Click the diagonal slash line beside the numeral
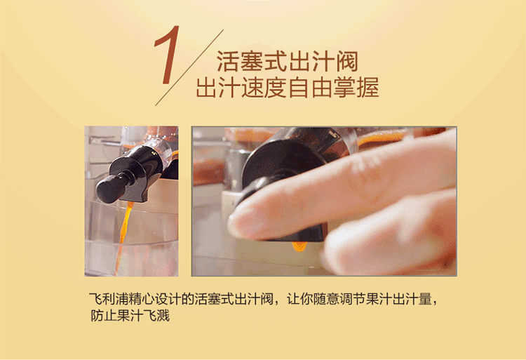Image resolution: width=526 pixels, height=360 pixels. tap(189, 67)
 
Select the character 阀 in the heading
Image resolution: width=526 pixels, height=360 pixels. tap(347, 61)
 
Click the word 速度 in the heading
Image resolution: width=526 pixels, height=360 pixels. tap(264, 87)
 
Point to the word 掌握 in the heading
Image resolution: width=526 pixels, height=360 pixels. tap(356, 87)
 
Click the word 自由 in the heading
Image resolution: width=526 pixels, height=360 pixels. tap(310, 87)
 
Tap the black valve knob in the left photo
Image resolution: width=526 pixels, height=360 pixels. tap(109, 189)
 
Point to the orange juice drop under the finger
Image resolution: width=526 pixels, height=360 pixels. tap(299, 246)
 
